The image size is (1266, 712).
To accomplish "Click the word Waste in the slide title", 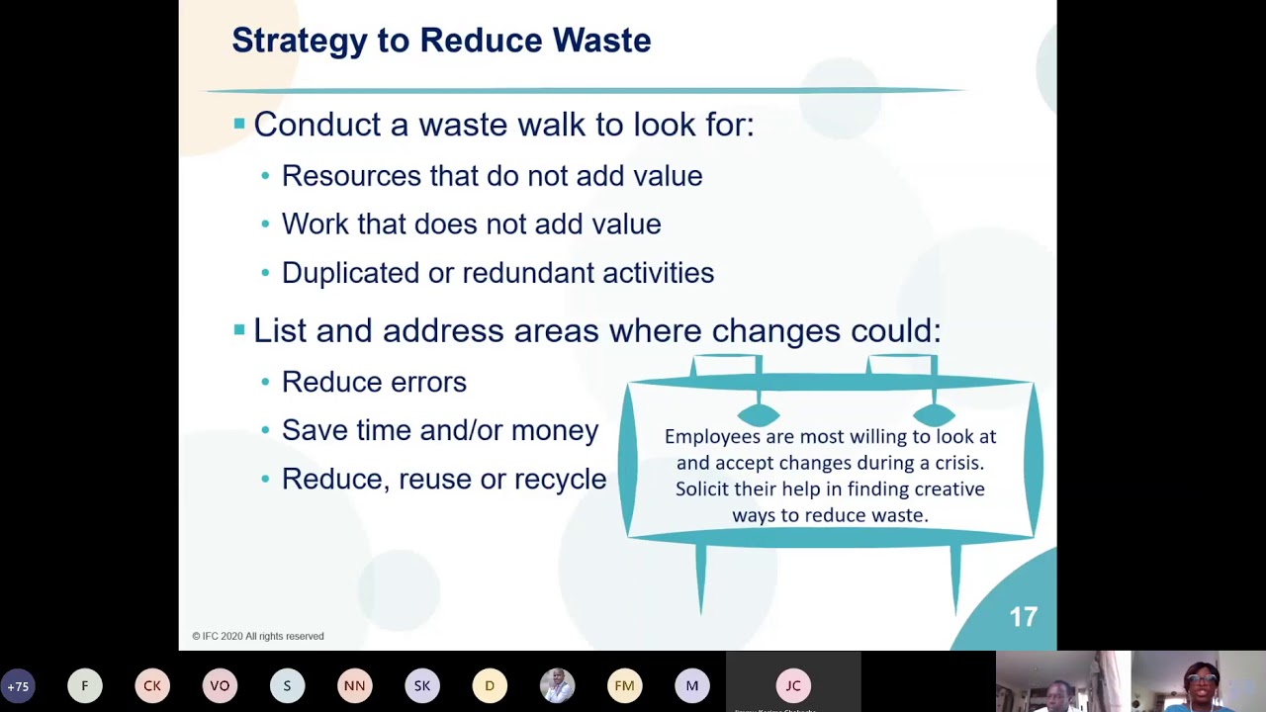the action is click(x=602, y=41).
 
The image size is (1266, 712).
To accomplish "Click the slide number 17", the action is click(x=1024, y=617).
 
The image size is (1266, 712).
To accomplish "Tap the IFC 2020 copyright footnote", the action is click(x=258, y=636).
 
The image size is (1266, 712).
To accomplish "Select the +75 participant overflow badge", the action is click(x=18, y=686).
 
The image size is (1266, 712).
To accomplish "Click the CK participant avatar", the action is click(x=152, y=686).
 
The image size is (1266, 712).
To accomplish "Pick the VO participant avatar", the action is click(x=220, y=686).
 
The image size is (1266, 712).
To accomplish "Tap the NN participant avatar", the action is click(x=354, y=686).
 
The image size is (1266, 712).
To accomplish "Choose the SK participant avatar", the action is click(x=422, y=686).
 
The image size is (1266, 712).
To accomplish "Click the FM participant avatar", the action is click(x=624, y=686).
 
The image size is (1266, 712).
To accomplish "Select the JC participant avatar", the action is click(x=793, y=686).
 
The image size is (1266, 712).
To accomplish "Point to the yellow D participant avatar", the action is click(x=490, y=686).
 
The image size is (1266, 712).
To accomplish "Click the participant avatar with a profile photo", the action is click(x=557, y=686).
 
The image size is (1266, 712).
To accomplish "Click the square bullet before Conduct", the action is click(x=239, y=124).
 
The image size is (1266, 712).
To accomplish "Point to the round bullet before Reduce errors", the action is click(x=266, y=383).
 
